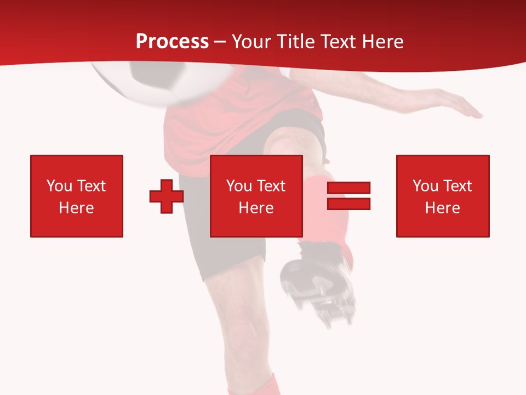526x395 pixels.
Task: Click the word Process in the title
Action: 172,42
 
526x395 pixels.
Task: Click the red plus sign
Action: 167,196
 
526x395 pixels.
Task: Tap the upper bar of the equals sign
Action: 348,188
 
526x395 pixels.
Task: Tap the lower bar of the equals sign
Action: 348,204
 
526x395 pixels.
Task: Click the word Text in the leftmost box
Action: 90,186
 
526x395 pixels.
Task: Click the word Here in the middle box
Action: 256,208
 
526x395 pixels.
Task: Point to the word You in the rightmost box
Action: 426,186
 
